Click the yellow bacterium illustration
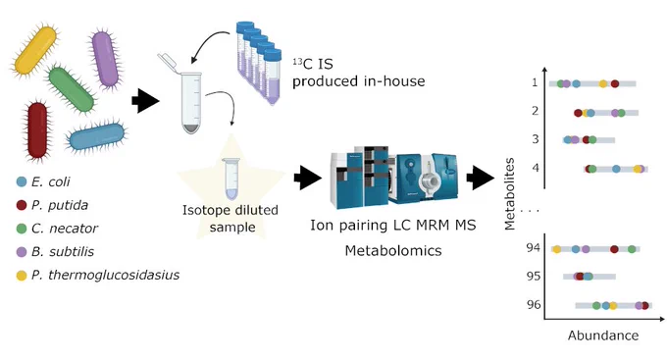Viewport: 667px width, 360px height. click(35, 51)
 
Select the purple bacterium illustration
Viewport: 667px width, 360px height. click(105, 59)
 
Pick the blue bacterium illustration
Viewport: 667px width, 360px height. click(97, 137)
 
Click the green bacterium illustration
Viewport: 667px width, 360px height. click(71, 89)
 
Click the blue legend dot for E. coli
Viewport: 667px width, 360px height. click(22, 182)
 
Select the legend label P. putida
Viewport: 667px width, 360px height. click(60, 205)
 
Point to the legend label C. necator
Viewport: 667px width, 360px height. click(65, 229)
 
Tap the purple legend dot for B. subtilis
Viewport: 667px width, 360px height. click(22, 252)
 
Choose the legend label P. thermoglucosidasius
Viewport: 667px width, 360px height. click(106, 276)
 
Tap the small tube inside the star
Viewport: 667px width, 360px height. click(231, 179)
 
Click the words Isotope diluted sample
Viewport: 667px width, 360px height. click(231, 219)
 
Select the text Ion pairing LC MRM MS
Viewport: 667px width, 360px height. click(393, 225)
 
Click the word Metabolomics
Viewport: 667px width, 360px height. click(393, 250)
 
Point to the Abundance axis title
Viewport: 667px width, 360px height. click(603, 335)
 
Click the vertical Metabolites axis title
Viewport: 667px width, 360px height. click(510, 194)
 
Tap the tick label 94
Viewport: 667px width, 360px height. click(533, 247)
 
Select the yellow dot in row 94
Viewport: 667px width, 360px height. click(557, 249)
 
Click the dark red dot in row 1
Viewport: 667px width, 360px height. click(615, 83)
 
